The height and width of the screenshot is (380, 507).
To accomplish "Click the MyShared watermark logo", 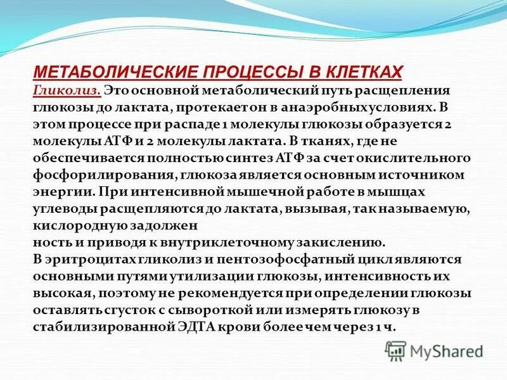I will point(434,350).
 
